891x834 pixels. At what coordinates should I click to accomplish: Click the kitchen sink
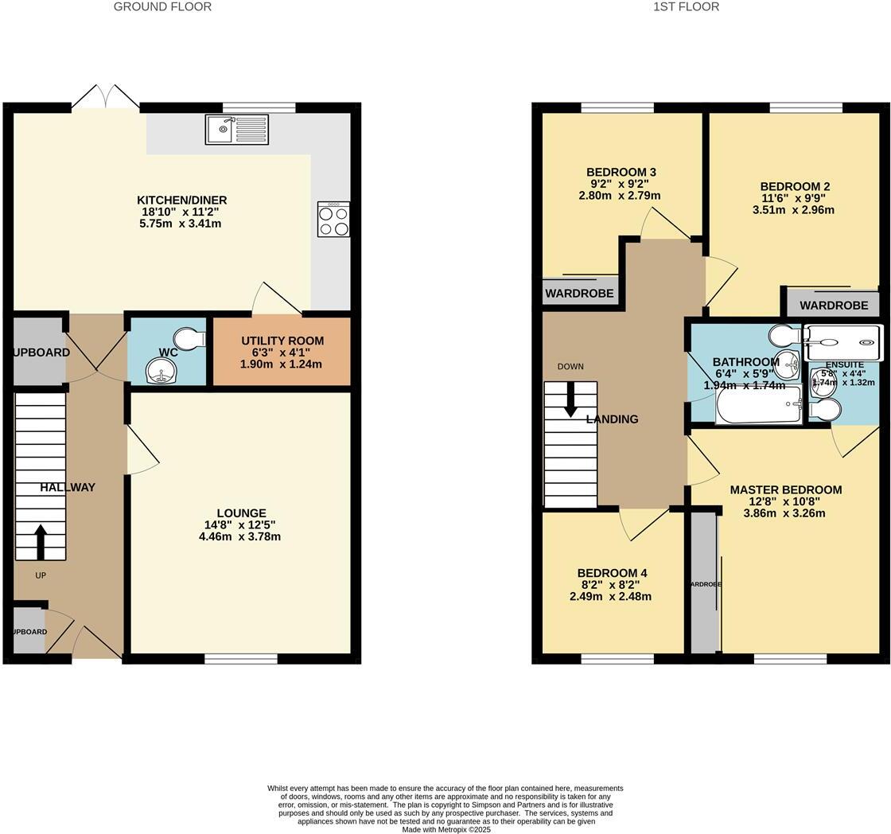click(x=237, y=129)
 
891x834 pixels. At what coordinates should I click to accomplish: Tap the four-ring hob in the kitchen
click(x=333, y=220)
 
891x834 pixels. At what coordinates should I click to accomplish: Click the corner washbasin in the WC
click(x=161, y=369)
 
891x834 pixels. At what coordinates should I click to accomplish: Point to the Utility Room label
click(x=282, y=341)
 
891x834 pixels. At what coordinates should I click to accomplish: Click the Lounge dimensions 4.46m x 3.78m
click(x=239, y=536)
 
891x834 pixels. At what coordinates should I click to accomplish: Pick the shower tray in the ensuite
click(x=843, y=342)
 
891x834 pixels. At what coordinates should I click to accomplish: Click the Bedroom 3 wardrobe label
click(x=579, y=294)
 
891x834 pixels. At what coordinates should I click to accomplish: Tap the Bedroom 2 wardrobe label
click(x=834, y=305)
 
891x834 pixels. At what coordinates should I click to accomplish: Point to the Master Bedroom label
click(x=785, y=489)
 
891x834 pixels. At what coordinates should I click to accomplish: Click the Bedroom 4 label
click(x=612, y=573)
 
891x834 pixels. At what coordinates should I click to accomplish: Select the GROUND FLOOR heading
click(x=162, y=7)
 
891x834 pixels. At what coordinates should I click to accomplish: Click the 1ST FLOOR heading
click(x=686, y=7)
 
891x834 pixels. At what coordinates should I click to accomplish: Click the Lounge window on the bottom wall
click(x=241, y=658)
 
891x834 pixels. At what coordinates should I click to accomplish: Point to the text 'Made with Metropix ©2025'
click(x=445, y=829)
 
